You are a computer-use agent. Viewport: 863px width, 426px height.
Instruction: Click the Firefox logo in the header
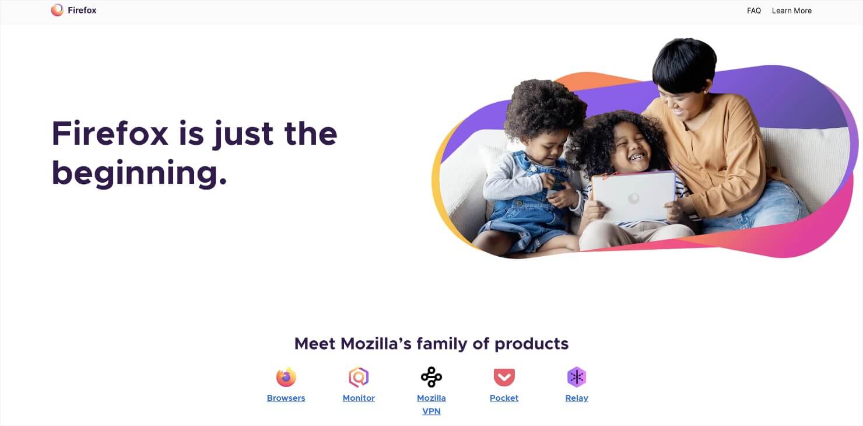(57, 10)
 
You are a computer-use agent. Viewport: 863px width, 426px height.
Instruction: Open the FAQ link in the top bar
(753, 11)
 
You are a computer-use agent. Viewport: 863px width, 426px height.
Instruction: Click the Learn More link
(791, 11)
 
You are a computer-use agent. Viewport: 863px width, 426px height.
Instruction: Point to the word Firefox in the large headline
(110, 134)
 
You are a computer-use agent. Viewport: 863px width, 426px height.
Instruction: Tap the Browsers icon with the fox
(286, 377)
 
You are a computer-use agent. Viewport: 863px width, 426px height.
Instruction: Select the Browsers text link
(286, 398)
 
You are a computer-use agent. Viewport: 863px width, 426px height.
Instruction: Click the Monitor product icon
(359, 377)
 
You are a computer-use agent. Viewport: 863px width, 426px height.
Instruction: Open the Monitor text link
(359, 398)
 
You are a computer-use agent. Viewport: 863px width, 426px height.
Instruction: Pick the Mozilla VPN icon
(431, 377)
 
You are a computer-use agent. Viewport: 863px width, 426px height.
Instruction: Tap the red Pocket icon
(504, 377)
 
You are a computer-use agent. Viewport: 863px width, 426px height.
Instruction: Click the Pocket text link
(504, 398)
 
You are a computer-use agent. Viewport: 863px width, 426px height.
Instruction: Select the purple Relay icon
(577, 377)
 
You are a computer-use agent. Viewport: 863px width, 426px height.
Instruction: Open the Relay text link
(577, 398)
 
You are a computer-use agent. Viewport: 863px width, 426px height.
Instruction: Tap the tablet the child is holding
(633, 196)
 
